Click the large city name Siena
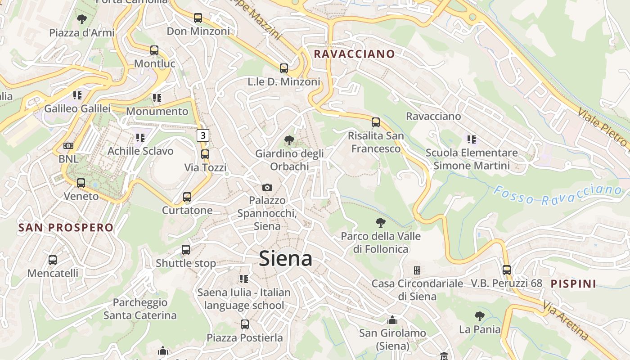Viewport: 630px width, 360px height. click(285, 259)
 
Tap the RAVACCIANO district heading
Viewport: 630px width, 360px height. click(354, 54)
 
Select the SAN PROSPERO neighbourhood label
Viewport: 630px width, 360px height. click(66, 227)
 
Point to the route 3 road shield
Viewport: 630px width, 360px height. click(203, 135)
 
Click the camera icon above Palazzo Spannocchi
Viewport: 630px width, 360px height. click(267, 187)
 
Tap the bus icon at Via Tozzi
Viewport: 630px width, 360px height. click(205, 154)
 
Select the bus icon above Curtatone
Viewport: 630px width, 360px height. click(187, 197)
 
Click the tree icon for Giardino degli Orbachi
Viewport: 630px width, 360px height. click(289, 140)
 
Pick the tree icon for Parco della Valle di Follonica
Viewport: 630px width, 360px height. click(381, 222)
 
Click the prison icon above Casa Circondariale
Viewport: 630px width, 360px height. click(417, 270)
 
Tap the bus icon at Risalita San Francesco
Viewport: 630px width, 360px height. click(376, 122)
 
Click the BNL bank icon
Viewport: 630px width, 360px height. click(68, 146)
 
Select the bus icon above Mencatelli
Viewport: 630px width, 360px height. click(53, 260)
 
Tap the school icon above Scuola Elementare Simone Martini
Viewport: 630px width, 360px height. click(471, 139)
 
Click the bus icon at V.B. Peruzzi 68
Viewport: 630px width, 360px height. click(507, 270)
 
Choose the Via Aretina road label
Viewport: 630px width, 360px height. click(565, 320)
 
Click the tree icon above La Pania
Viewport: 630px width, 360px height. click(480, 316)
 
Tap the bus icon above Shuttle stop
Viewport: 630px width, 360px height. click(186, 250)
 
